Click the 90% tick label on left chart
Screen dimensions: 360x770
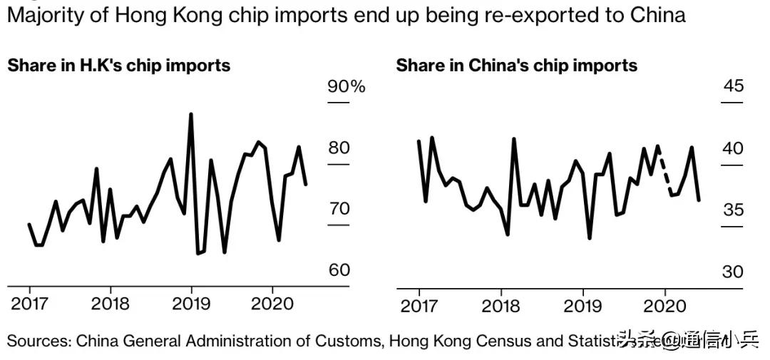(x=346, y=87)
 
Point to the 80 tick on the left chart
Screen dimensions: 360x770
(x=338, y=148)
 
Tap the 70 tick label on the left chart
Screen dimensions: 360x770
(x=338, y=209)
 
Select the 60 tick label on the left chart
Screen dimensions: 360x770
(x=338, y=270)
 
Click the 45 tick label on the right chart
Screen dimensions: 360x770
(x=733, y=86)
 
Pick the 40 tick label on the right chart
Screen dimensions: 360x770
(x=733, y=148)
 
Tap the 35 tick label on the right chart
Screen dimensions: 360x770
(x=733, y=210)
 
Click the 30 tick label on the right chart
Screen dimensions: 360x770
(x=733, y=272)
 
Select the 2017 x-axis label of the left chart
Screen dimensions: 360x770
(x=29, y=304)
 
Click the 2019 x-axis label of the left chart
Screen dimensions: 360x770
(x=191, y=304)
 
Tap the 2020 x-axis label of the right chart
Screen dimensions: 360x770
(x=664, y=307)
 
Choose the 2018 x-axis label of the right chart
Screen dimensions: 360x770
(x=500, y=307)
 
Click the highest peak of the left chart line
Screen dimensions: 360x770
(x=190, y=114)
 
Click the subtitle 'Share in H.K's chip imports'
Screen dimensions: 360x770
(x=119, y=66)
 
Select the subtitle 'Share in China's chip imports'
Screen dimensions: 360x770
(x=516, y=66)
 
